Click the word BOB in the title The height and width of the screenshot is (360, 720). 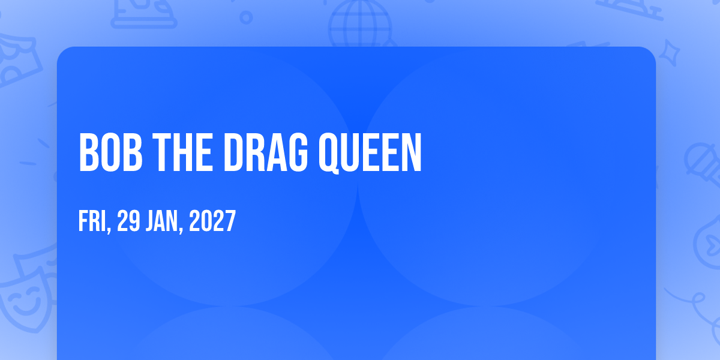click(110, 152)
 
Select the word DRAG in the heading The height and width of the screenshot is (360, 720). click(266, 152)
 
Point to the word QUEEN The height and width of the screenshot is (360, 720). click(370, 154)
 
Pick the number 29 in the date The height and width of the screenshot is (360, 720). click(128, 221)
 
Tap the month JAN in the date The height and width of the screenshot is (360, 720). click(162, 221)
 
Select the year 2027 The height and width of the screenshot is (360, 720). click(212, 221)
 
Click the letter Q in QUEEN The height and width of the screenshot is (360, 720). click(329, 154)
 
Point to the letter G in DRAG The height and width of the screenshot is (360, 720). click(297, 152)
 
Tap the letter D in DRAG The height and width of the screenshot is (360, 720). click(235, 152)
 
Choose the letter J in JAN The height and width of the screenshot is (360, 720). click(151, 221)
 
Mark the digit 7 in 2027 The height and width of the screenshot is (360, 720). click(231, 221)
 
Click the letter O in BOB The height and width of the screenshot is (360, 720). click(110, 152)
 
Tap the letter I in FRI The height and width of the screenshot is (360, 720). click(104, 221)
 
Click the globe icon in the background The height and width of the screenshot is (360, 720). click(361, 24)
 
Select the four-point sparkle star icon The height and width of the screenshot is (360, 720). click(669, 53)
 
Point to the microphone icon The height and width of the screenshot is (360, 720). click(703, 164)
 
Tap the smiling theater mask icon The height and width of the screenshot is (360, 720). click(26, 299)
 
